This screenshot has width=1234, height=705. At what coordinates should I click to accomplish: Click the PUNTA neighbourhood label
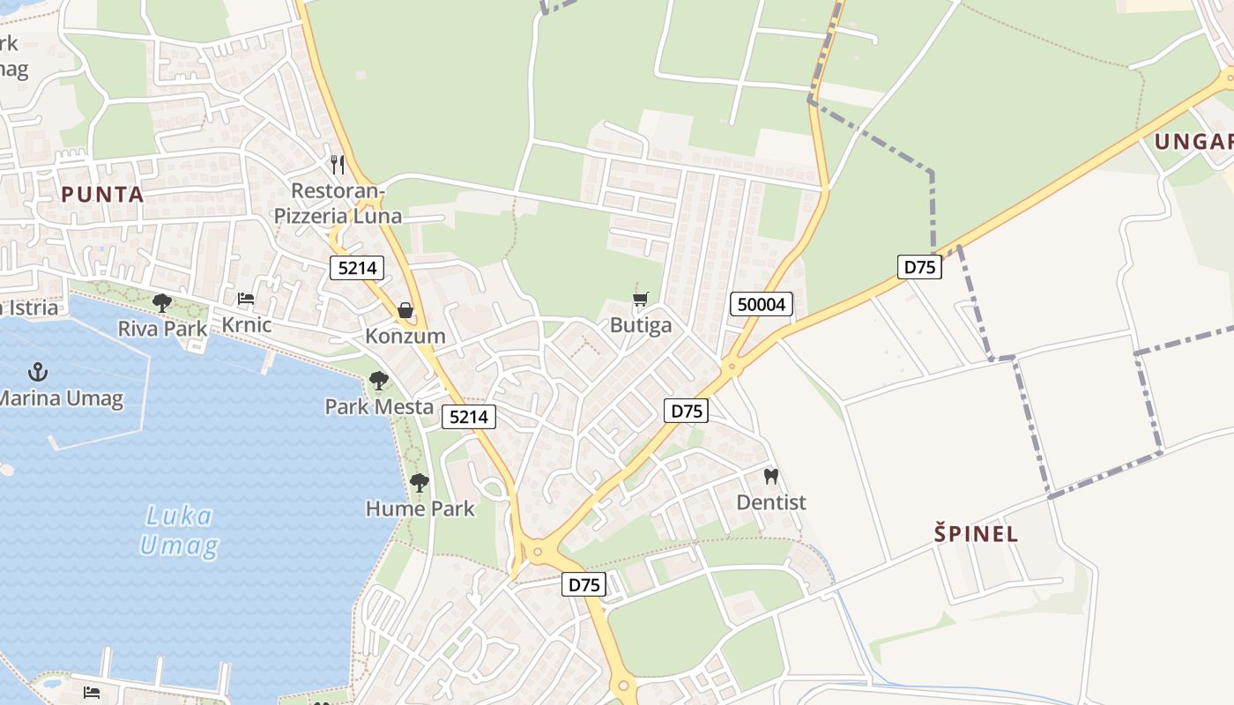[102, 194]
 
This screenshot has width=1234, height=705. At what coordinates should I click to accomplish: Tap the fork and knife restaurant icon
[337, 164]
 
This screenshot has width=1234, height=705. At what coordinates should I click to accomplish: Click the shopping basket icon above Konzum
[405, 310]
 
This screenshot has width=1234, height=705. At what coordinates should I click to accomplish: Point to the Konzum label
[405, 336]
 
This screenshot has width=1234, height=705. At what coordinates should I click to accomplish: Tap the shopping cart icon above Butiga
[641, 300]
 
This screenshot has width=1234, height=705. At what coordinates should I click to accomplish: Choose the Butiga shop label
[641, 325]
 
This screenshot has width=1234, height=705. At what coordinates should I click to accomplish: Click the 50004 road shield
[762, 305]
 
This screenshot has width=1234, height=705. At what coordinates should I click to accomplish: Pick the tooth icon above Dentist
[771, 477]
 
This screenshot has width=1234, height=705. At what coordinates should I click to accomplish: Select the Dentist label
[771, 502]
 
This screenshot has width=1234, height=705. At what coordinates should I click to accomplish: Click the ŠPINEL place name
[976, 533]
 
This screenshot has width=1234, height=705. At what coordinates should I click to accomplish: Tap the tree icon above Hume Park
[420, 483]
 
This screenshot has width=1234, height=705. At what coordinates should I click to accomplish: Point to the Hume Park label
[420, 508]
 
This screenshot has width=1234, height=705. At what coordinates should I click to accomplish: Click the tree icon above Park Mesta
[379, 381]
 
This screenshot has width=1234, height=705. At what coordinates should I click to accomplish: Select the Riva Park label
[162, 329]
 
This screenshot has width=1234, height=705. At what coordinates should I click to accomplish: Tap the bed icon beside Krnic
[246, 300]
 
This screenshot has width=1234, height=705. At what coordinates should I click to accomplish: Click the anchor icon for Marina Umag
[37, 372]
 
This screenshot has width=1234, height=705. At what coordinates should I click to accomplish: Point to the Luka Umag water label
[179, 531]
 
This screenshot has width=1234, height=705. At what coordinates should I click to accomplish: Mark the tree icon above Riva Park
[162, 303]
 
